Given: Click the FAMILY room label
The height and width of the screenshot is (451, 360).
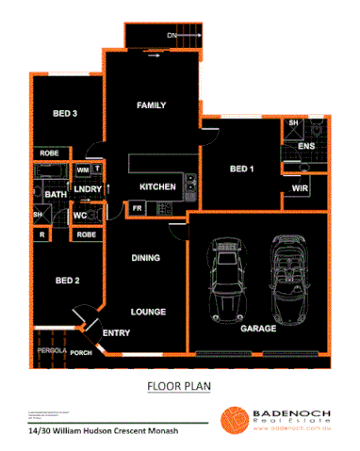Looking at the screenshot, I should tap(151, 105).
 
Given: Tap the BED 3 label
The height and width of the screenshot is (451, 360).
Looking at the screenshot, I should tap(64, 114).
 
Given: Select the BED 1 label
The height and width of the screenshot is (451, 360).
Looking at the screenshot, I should tap(242, 169).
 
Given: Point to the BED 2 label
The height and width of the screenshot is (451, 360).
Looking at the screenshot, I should tap(66, 280).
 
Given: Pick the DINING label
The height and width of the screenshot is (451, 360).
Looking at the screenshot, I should tap(145, 257).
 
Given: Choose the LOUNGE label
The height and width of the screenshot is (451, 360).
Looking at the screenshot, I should tap(148, 312).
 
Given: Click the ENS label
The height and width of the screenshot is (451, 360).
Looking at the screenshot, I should tap(306, 147).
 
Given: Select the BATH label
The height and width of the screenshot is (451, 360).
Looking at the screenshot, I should tap(55, 195).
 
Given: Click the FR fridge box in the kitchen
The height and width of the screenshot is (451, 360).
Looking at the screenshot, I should tap(137, 207).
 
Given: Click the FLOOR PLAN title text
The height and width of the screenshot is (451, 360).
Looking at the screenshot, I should tap(180, 386).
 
